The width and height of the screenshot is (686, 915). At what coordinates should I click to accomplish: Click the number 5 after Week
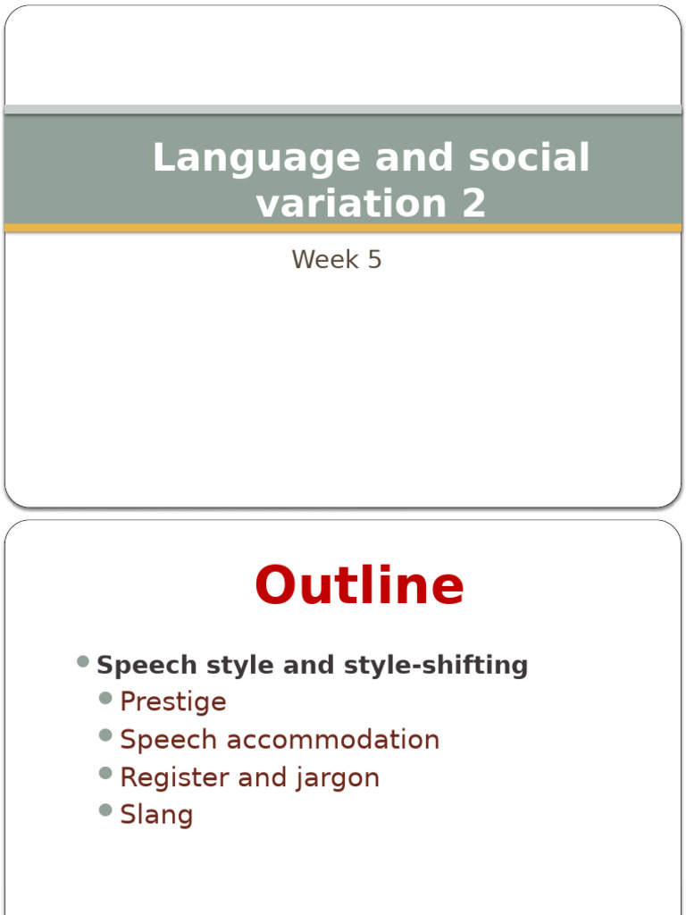tap(373, 259)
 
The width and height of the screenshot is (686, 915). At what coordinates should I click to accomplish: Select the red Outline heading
tap(359, 587)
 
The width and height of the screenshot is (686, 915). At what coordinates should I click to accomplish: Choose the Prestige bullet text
tap(173, 702)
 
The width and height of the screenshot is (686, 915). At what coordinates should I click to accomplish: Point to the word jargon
tap(336, 777)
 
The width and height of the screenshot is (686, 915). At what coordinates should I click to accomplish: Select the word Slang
tap(156, 815)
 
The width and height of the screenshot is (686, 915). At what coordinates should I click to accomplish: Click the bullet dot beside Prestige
tap(106, 698)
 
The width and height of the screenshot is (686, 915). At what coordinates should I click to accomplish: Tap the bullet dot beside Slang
tap(106, 810)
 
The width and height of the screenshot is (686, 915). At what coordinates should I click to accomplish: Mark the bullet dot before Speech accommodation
tap(106, 735)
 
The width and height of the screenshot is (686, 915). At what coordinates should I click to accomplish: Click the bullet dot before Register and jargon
tap(106, 773)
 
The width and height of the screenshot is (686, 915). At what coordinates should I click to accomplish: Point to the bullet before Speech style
tap(83, 661)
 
